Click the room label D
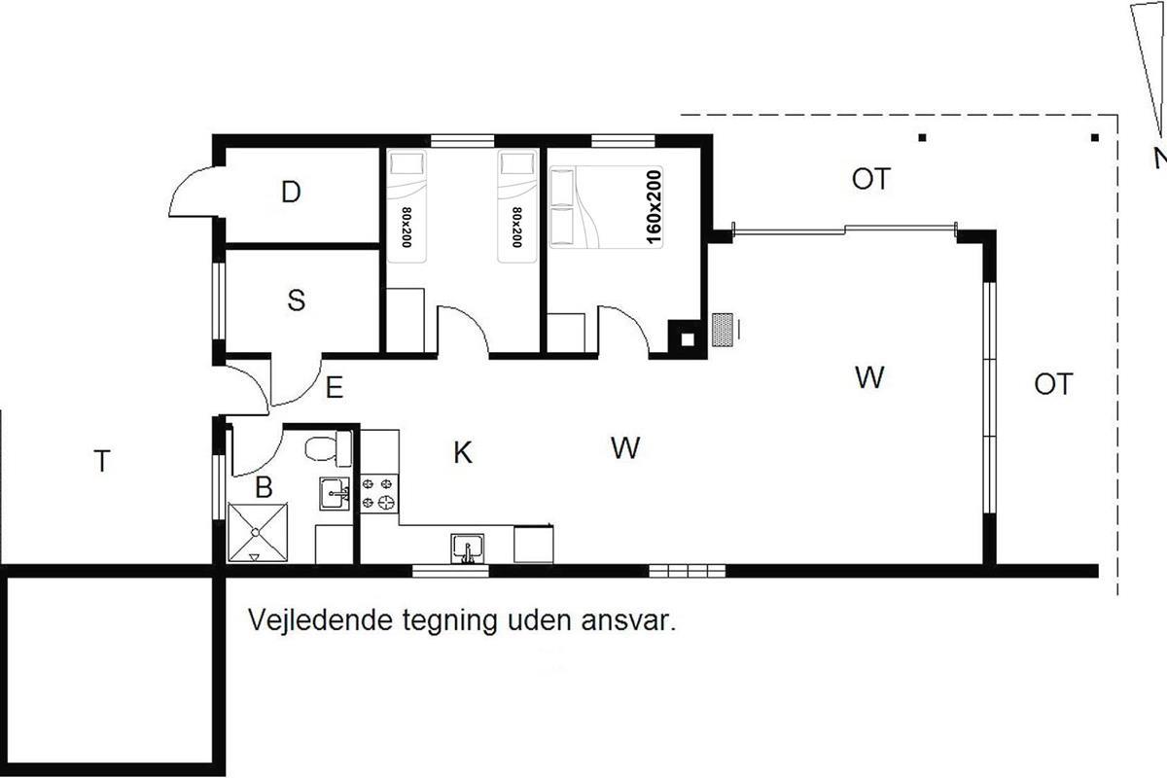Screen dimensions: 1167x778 point(291,192)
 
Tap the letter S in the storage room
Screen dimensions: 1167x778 point(297,301)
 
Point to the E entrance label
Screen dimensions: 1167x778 point(334,388)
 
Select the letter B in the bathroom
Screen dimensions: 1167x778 point(264,487)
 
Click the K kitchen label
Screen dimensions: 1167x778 point(463,452)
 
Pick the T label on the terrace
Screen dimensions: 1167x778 point(102,461)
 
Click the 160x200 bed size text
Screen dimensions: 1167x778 point(654,207)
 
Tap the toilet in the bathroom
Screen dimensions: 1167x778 point(329,448)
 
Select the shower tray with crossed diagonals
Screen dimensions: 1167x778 point(258,532)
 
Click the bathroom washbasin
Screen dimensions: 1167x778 point(335,493)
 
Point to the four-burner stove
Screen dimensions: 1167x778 point(379,493)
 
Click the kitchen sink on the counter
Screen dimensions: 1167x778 point(468,548)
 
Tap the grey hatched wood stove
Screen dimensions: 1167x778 point(723,330)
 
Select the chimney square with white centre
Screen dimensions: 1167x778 point(688,339)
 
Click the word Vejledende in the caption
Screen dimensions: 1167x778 point(320,620)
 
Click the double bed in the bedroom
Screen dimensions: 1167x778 point(606,207)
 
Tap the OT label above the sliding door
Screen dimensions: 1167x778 point(871,179)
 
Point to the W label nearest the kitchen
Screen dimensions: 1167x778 point(625,447)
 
